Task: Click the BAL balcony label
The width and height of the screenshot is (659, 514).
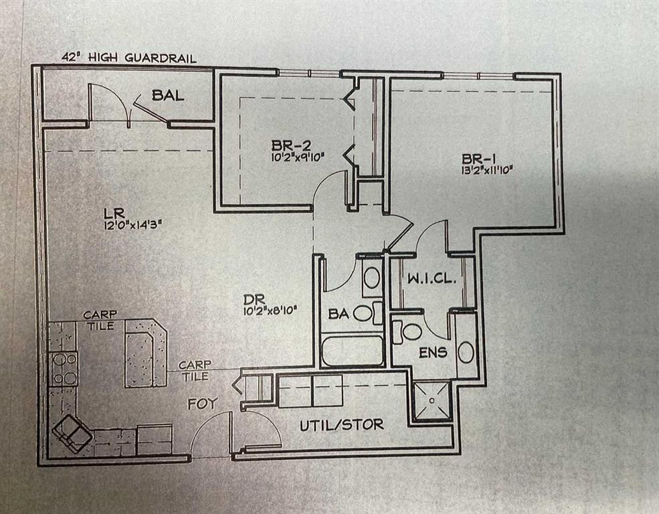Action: click(167, 95)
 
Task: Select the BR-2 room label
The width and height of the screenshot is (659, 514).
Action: click(290, 145)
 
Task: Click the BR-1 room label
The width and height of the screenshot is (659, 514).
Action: click(478, 159)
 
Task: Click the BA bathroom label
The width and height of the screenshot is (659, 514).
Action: click(338, 313)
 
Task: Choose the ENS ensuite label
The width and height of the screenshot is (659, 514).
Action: click(433, 352)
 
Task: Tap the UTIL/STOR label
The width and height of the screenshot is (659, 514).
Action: click(341, 424)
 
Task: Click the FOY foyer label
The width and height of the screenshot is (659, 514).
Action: click(203, 404)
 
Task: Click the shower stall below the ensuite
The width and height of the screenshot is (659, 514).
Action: click(432, 400)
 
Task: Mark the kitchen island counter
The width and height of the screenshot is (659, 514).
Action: click(145, 351)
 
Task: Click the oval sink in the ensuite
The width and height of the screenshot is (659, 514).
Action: click(466, 352)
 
